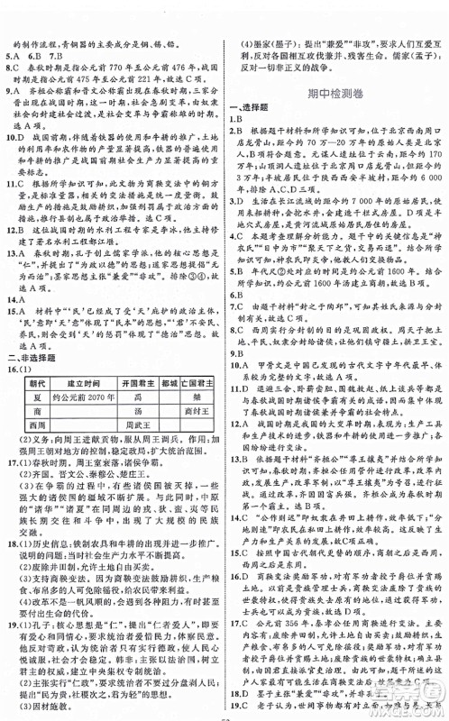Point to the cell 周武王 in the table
tap(134, 397)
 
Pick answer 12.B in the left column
tap(17, 227)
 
